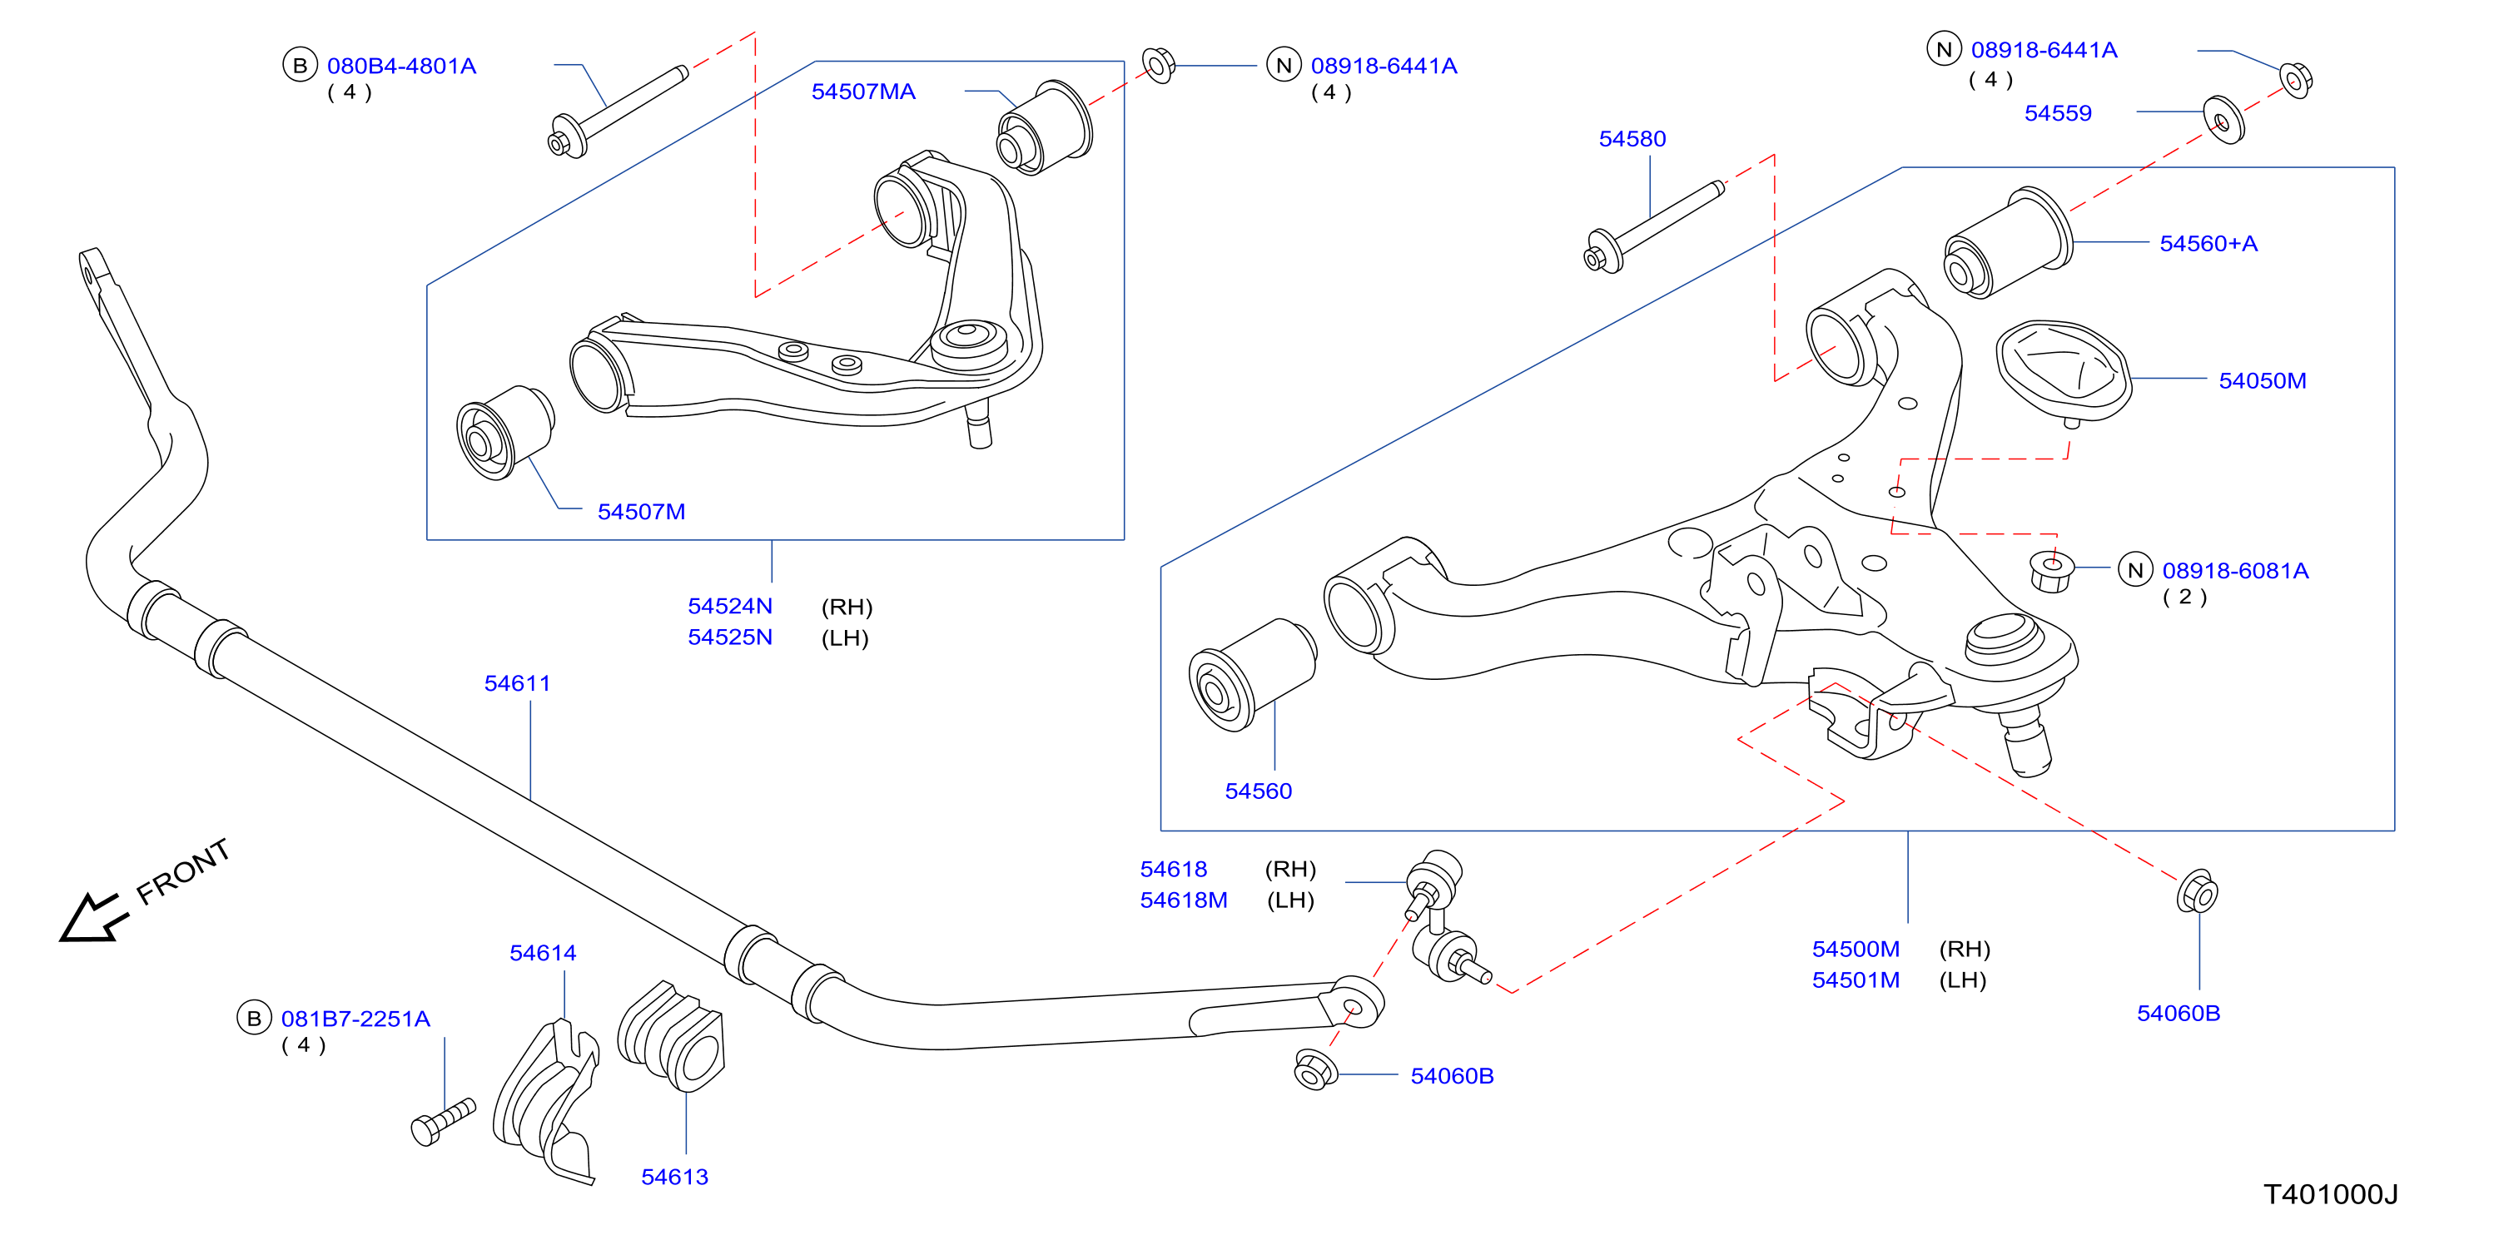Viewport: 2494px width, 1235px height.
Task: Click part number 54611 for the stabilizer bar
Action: point(517,683)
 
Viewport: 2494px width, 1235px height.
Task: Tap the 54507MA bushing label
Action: point(862,91)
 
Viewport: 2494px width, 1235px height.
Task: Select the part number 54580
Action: point(1632,138)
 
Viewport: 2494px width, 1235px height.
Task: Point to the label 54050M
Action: point(2263,380)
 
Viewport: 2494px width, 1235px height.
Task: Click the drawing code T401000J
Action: point(2330,1194)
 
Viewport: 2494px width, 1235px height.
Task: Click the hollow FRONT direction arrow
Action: point(93,918)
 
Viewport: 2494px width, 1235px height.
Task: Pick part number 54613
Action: point(675,1177)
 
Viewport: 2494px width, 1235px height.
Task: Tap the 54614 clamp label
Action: point(543,954)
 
